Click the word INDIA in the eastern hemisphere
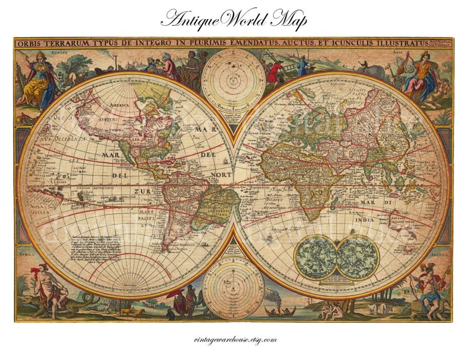coord(363,221)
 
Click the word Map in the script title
coord(289,19)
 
